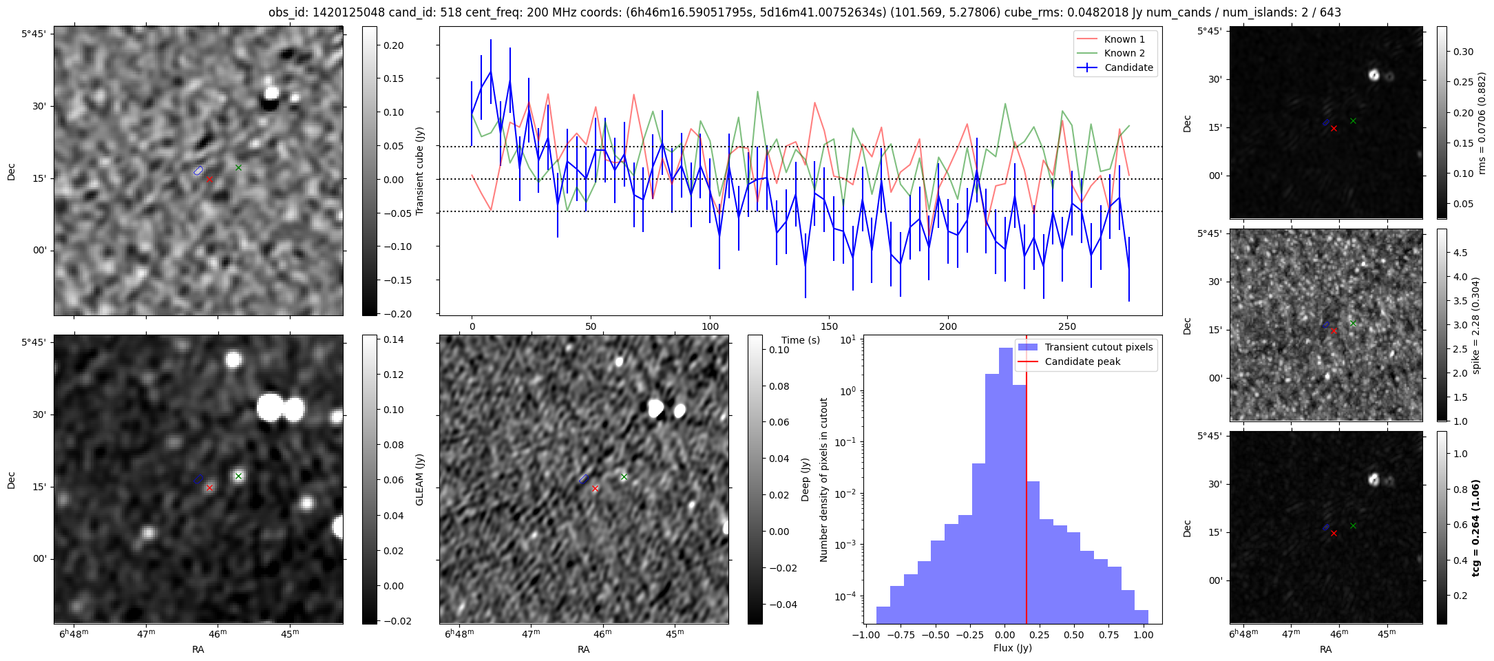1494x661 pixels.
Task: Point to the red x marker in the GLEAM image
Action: click(209, 487)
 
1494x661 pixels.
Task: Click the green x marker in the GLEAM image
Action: click(238, 476)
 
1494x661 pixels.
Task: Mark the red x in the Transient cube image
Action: click(209, 179)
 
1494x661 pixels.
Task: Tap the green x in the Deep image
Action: click(624, 476)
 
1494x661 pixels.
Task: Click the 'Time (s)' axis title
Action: click(801, 340)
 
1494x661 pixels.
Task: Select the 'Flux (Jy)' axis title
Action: click(1012, 648)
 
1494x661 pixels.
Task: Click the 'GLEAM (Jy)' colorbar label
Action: click(419, 480)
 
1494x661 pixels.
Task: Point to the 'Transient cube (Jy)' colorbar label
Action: click(419, 171)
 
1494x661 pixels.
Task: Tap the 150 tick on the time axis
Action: click(829, 326)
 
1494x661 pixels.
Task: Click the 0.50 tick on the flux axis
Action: click(1073, 635)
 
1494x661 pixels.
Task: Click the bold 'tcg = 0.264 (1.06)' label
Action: click(1475, 527)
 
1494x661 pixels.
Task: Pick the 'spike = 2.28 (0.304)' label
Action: click(1475, 325)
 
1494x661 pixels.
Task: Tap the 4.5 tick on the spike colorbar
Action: click(1460, 253)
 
